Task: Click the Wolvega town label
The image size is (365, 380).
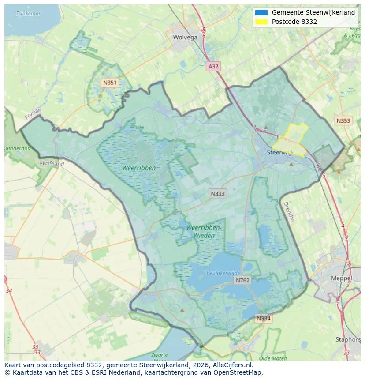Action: pyautogui.click(x=185, y=37)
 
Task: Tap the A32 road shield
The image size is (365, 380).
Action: pyautogui.click(x=213, y=66)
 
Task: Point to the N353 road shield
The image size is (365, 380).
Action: pyautogui.click(x=343, y=120)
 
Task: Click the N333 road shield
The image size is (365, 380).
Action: pyautogui.click(x=217, y=193)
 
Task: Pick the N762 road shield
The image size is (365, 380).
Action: pyautogui.click(x=242, y=280)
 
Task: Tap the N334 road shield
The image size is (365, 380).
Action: pyautogui.click(x=264, y=318)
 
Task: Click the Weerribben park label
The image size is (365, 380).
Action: pyautogui.click(x=139, y=168)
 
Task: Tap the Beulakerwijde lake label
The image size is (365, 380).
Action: pyautogui.click(x=223, y=273)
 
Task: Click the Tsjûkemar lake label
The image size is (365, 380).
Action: pyautogui.click(x=28, y=13)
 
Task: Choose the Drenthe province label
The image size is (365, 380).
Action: pyautogui.click(x=288, y=211)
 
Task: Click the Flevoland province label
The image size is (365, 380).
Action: pyautogui.click(x=52, y=164)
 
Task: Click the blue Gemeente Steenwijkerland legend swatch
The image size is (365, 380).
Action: pyautogui.click(x=261, y=12)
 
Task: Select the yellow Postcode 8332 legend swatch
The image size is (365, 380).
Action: pyautogui.click(x=261, y=22)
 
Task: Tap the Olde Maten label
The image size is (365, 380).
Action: pyautogui.click(x=273, y=358)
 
